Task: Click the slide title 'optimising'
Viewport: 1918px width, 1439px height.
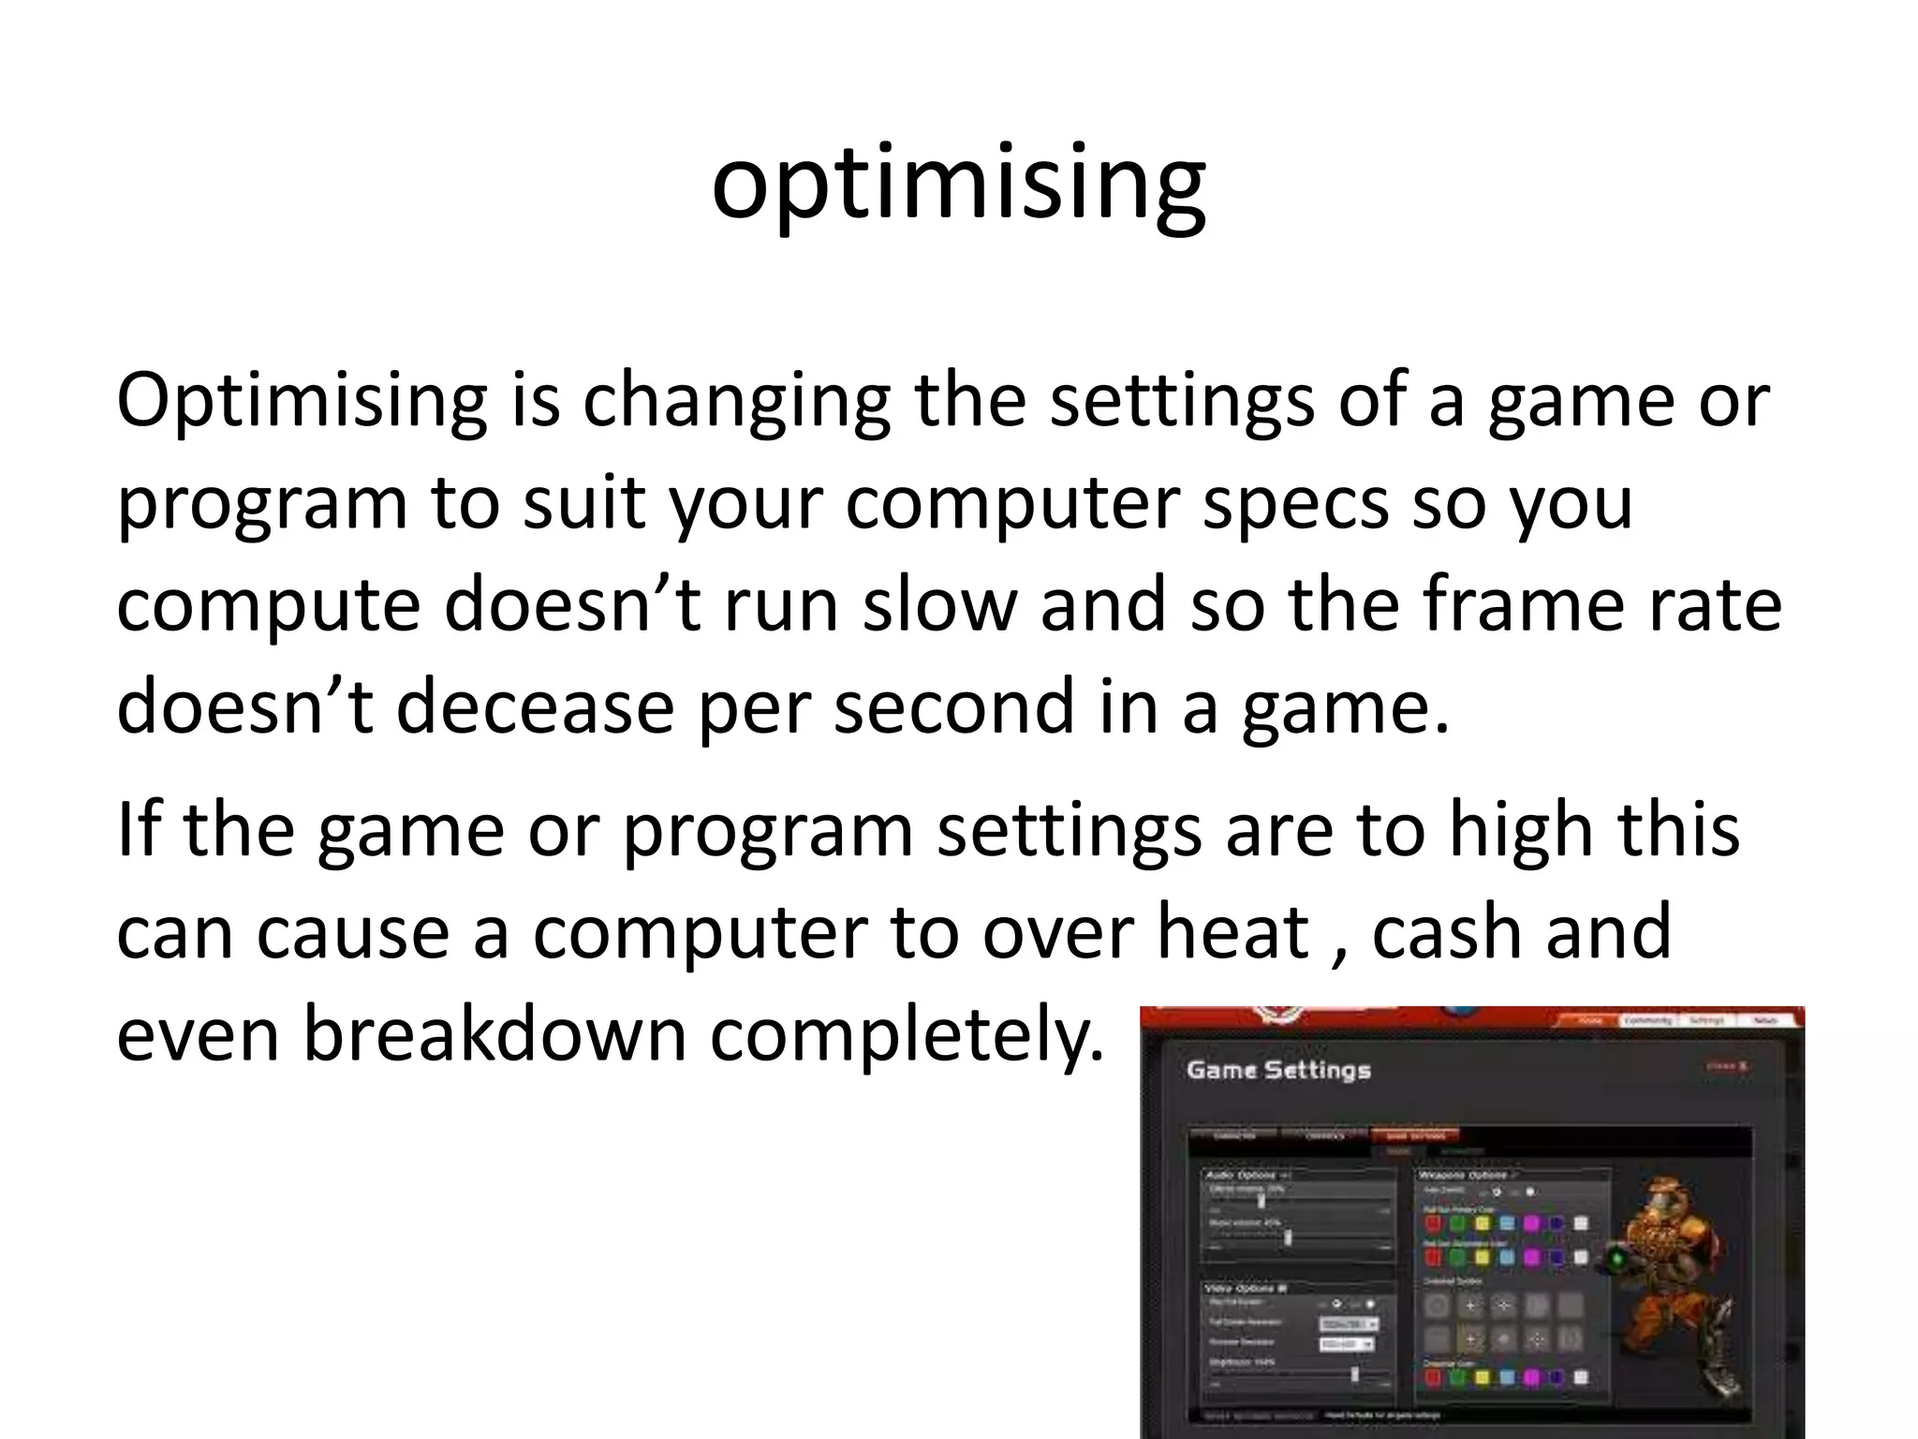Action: pyautogui.click(x=958, y=183)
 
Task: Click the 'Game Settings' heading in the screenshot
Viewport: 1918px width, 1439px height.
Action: pyautogui.click(x=1277, y=1070)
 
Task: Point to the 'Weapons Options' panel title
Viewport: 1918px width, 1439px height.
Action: pyautogui.click(x=1466, y=1175)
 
